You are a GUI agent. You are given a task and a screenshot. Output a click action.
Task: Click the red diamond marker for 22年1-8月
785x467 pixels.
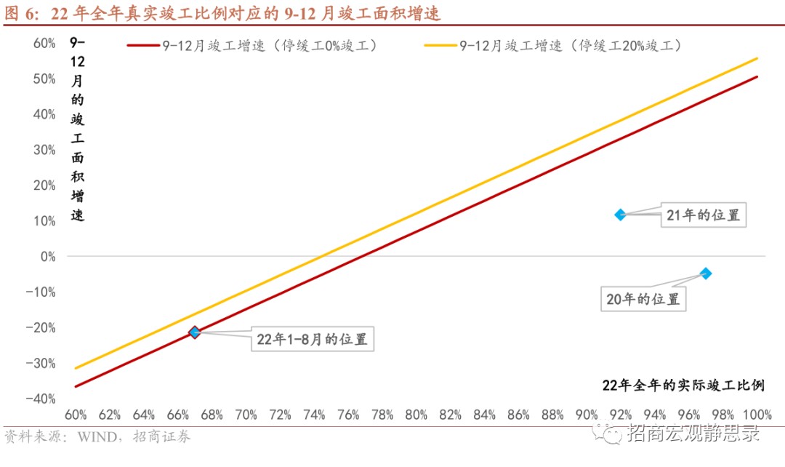tap(194, 332)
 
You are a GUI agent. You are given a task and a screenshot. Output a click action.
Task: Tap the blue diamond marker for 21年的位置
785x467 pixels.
tap(620, 215)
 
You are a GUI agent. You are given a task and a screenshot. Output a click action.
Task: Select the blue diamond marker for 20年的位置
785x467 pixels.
tap(705, 274)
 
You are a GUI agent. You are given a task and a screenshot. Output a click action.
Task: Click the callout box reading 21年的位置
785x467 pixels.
tap(704, 215)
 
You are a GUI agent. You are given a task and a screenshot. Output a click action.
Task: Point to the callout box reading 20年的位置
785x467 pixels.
tap(643, 299)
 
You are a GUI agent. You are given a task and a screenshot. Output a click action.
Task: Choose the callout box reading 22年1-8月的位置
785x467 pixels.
tap(312, 340)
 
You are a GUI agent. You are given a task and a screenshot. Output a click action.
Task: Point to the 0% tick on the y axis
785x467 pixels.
tap(48, 256)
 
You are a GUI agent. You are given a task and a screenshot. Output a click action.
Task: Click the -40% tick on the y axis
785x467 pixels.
tap(42, 399)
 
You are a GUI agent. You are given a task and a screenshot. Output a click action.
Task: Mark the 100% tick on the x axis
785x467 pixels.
tap(757, 415)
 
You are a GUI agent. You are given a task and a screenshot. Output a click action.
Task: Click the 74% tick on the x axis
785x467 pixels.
tap(314, 415)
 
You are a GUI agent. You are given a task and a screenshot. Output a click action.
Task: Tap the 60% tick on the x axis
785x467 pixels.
tap(76, 415)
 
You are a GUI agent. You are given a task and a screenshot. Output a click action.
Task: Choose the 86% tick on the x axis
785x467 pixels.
tap(518, 415)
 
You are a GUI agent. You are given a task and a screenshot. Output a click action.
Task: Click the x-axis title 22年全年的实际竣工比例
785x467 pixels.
tap(683, 385)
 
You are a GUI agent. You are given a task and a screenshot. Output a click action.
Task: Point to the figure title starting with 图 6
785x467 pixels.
tap(222, 14)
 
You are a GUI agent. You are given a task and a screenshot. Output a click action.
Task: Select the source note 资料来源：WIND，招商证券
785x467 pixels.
tap(97, 437)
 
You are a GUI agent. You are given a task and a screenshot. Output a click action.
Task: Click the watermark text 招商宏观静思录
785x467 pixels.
tap(693, 435)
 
